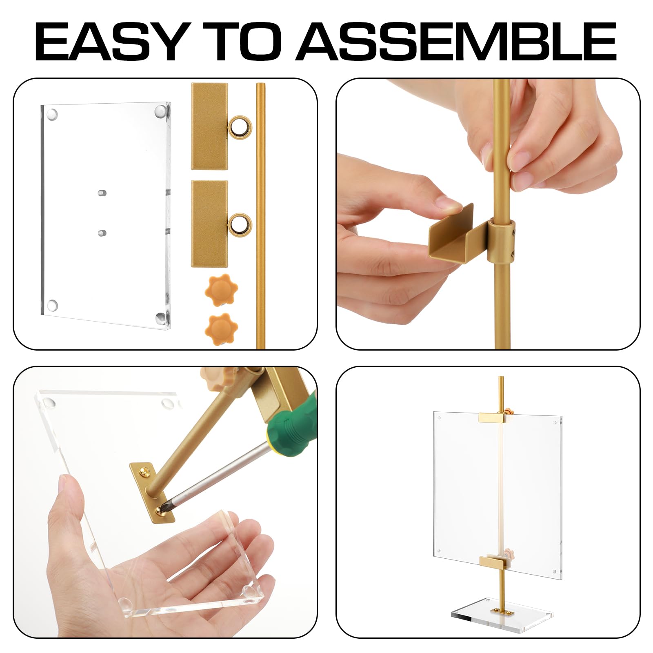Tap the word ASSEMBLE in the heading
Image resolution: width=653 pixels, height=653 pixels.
coord(457,42)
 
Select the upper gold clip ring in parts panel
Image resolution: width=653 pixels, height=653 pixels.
coord(240,127)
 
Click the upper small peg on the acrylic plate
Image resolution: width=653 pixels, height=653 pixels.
coord(102,193)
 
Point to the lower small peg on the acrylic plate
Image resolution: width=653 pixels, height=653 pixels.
coord(102,233)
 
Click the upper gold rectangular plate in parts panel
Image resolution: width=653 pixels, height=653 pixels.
coord(209,127)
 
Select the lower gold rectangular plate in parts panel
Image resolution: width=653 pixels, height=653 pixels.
coord(209,224)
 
